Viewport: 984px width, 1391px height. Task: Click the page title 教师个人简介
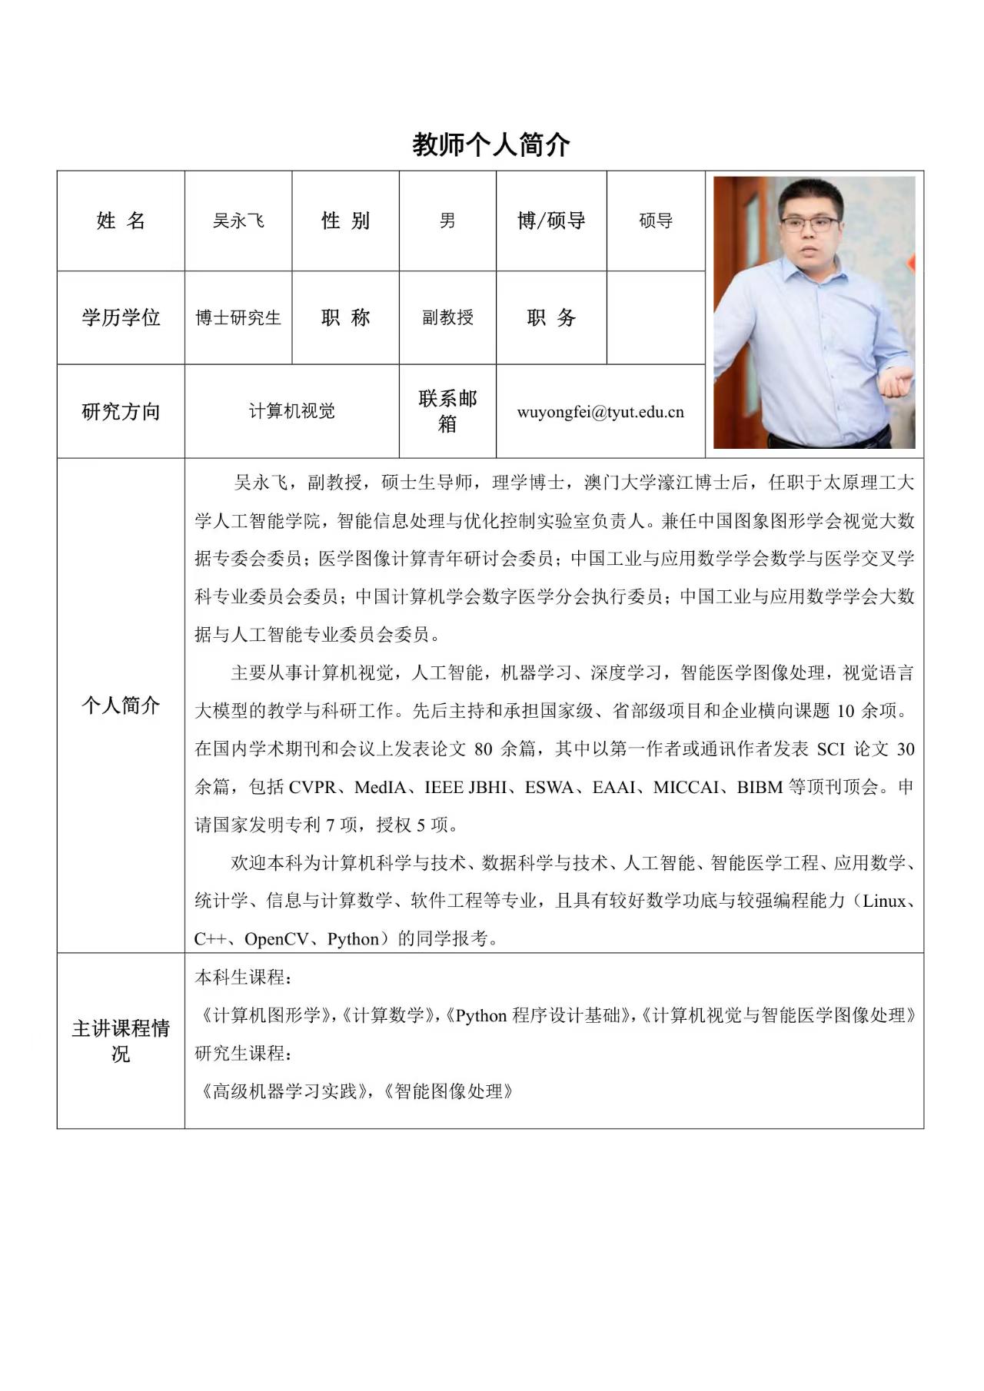point(491,144)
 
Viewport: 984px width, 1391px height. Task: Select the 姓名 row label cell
point(121,221)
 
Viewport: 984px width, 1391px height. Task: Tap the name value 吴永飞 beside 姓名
point(238,221)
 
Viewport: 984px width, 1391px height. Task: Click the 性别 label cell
point(345,221)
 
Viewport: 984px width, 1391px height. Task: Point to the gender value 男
point(447,221)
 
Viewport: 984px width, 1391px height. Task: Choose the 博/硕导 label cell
point(551,221)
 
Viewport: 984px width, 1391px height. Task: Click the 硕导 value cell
point(656,221)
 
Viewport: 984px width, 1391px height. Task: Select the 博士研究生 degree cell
point(238,317)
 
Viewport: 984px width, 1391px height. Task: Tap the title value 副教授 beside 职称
point(447,317)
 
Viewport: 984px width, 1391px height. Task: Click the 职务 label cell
point(551,317)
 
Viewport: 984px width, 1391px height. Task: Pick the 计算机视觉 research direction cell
point(291,411)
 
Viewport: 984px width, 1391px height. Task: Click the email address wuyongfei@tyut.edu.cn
point(600,412)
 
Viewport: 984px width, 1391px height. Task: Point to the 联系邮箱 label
point(447,411)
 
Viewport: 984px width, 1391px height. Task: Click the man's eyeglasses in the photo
point(809,224)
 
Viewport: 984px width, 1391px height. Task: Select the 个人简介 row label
point(121,705)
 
